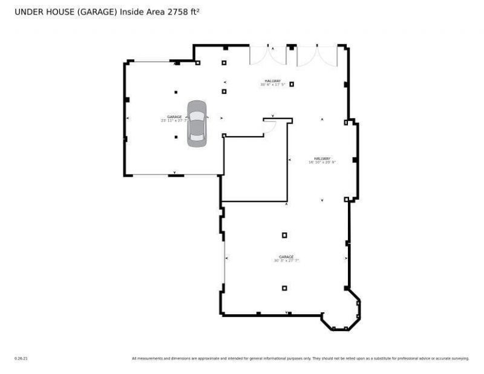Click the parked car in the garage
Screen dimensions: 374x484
197,123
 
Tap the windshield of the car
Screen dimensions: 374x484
197,116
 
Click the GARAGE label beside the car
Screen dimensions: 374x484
174,117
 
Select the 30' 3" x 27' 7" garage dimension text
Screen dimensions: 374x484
286,261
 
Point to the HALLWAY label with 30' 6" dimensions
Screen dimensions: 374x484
272,81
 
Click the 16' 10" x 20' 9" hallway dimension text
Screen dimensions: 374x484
322,162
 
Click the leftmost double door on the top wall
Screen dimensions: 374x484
268,55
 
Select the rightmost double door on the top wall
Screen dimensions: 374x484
316,55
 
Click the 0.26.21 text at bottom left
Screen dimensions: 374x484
21,358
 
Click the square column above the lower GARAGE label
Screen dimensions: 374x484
284,235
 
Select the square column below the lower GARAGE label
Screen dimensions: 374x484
284,288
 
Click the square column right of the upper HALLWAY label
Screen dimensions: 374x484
292,84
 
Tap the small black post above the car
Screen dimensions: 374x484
176,92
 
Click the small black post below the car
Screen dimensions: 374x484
176,137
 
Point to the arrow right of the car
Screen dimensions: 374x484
221,118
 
